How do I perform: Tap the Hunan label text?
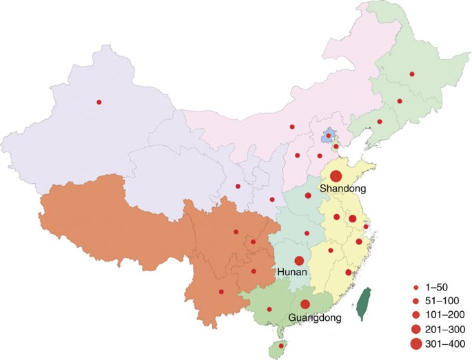(x=292, y=273)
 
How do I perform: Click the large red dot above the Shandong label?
(x=336, y=176)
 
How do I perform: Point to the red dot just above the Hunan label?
(x=299, y=261)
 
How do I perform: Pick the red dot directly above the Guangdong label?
(x=305, y=304)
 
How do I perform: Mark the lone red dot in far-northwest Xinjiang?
(x=99, y=103)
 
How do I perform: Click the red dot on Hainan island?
(x=281, y=346)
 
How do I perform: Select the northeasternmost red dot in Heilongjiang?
(x=411, y=74)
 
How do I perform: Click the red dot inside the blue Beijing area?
(x=329, y=136)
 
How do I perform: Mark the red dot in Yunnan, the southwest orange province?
(x=221, y=292)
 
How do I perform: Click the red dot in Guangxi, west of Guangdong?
(x=269, y=309)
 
